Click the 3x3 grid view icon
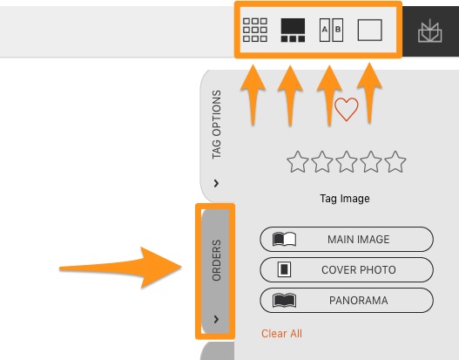coord(255,30)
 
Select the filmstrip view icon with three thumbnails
coord(293,30)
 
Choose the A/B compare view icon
coord(331,30)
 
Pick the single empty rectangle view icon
coord(369,30)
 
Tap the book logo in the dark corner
coord(429,31)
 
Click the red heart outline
coord(347,109)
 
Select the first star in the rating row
coord(297,161)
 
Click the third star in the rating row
coord(347,161)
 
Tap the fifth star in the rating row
coord(395,161)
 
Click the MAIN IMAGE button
coord(347,240)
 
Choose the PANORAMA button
coord(347,300)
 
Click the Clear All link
coord(281,334)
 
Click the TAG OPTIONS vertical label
coord(217,125)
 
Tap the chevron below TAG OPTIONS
coord(216,183)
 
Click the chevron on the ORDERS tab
coord(216,319)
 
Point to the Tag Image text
coord(345,199)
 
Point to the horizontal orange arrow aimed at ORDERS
coord(120,268)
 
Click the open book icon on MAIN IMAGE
coord(284,240)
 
